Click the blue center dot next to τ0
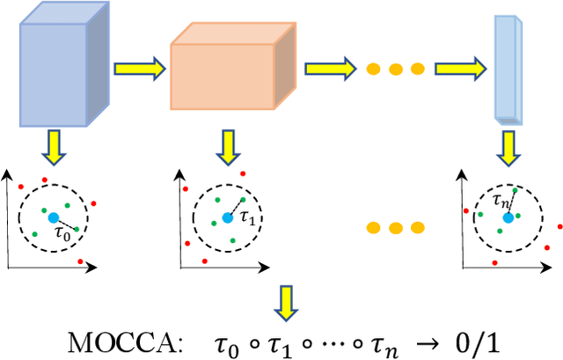click(54, 217)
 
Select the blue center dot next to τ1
click(228, 217)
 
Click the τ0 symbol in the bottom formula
click(245, 340)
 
